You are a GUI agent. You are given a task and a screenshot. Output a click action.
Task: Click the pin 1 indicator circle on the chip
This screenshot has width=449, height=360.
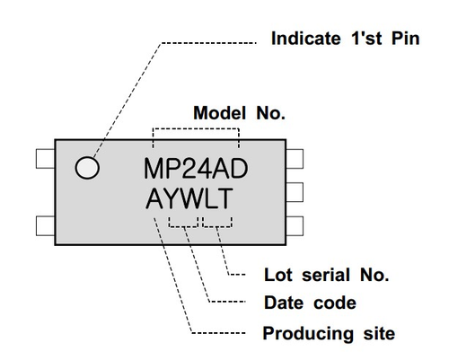click(x=87, y=167)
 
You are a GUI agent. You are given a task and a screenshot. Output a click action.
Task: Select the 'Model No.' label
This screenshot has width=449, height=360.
click(x=239, y=114)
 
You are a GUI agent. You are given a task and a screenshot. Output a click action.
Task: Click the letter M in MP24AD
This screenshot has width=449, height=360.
click(x=156, y=169)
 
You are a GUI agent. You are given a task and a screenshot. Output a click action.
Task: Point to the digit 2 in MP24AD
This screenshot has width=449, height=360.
click(x=195, y=169)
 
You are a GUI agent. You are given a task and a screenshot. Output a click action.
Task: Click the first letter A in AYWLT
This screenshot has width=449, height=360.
click(x=154, y=198)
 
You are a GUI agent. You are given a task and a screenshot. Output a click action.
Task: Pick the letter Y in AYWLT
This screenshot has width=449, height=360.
click(x=171, y=198)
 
